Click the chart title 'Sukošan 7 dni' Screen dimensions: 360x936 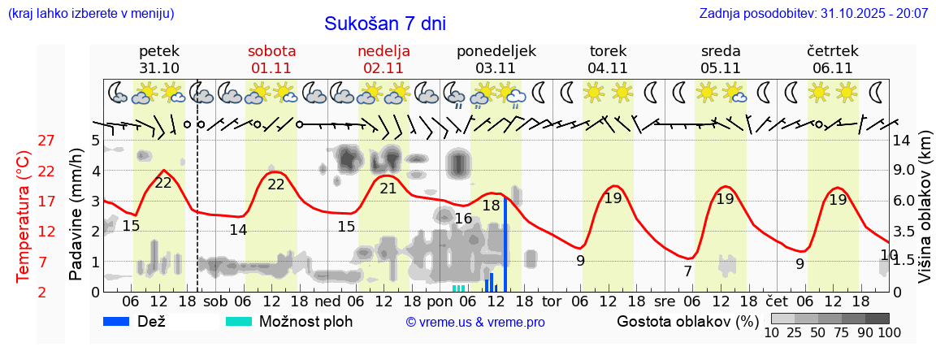coord(384,24)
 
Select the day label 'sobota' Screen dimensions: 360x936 coord(271,51)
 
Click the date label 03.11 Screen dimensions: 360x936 coord(496,68)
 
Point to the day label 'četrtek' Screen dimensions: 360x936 coord(832,51)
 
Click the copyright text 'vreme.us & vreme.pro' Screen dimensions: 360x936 coord(474,323)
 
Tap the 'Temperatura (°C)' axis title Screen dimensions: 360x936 coord(24,216)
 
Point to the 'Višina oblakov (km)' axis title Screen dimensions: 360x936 coord(925,216)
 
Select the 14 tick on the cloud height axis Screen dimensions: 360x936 coord(903,141)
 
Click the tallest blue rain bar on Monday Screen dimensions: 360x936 coord(505,244)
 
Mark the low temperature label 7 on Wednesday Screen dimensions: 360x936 coord(687,271)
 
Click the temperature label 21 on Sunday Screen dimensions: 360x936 coord(388,189)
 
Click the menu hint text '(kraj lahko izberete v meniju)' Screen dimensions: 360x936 coord(90,14)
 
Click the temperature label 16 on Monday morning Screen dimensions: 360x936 coord(463,218)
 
